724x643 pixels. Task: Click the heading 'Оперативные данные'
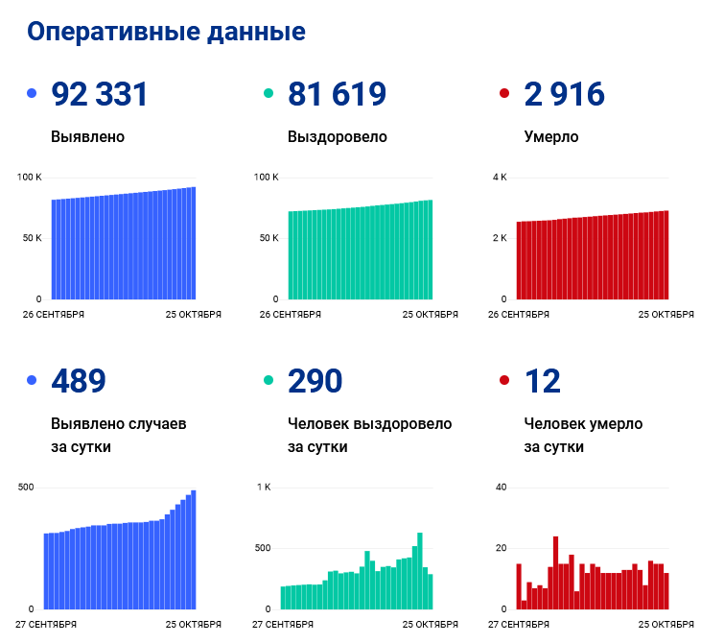[166, 32]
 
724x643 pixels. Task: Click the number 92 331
[100, 94]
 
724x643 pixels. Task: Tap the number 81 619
[337, 94]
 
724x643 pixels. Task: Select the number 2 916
[565, 94]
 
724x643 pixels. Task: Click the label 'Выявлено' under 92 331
[87, 136]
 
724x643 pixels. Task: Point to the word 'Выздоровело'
[337, 136]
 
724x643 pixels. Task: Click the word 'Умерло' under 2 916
[551, 136]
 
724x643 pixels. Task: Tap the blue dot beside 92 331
[32, 94]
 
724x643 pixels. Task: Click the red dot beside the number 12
[505, 381]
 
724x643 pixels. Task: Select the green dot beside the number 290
[269, 381]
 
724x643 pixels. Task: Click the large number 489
[79, 381]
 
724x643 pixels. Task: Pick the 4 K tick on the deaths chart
[500, 178]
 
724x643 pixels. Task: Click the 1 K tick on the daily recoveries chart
[264, 488]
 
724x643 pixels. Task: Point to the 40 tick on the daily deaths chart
[500, 488]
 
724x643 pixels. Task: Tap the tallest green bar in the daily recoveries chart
[420, 571]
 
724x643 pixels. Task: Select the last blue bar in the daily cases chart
[193, 550]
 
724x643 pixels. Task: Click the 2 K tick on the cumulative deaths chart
[500, 238]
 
